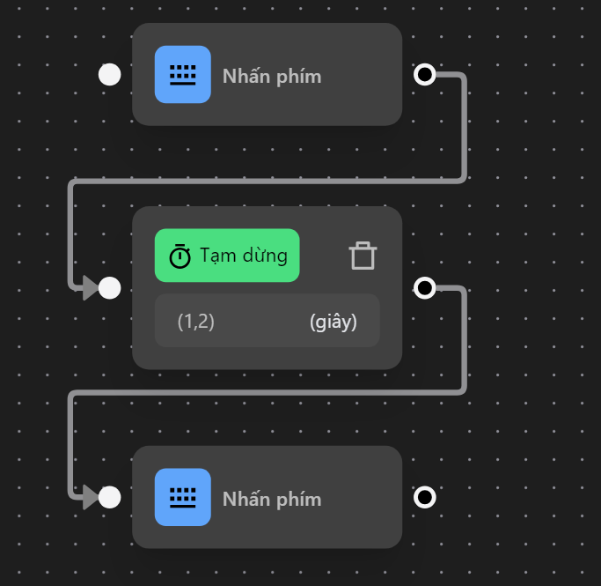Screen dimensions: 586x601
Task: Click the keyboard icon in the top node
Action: coord(183,74)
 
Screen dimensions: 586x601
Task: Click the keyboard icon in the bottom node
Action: coord(183,497)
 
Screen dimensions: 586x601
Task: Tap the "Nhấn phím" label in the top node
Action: coord(272,76)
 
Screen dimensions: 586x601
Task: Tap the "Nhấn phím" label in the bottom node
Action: coord(272,499)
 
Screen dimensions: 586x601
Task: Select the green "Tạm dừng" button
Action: coord(227,256)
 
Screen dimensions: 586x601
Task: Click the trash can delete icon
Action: coord(363,256)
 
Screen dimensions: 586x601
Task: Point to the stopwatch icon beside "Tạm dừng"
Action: coord(180,256)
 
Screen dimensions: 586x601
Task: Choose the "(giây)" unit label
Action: coord(333,322)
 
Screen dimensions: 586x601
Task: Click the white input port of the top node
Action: coord(109,74)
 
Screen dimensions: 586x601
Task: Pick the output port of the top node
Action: coord(425,74)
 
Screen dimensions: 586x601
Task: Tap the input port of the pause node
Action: coord(109,287)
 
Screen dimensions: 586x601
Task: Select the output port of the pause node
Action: coord(425,287)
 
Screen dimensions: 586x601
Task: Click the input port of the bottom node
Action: coord(109,498)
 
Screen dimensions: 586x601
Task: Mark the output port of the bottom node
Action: coord(425,498)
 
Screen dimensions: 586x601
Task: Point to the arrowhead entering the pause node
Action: coord(90,287)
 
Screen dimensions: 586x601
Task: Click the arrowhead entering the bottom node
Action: coord(90,498)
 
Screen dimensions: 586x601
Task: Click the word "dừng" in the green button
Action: coord(266,256)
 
